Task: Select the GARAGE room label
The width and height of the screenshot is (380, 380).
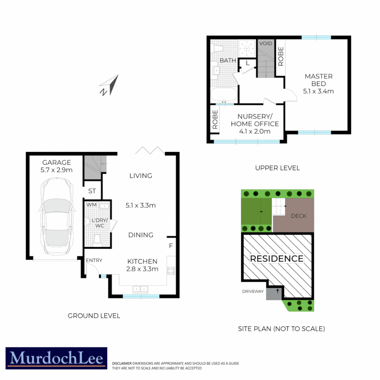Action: pyautogui.click(x=57, y=163)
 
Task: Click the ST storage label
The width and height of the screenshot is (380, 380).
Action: pyautogui.click(x=92, y=191)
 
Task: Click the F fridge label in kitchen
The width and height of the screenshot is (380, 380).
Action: pyautogui.click(x=171, y=245)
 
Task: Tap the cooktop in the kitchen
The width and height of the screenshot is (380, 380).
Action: pyautogui.click(x=171, y=271)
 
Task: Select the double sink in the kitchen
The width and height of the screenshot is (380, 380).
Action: pyautogui.click(x=141, y=289)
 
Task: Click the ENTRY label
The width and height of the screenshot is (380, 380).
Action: pyautogui.click(x=94, y=260)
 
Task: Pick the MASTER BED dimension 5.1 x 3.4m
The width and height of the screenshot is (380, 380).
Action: pyautogui.click(x=318, y=91)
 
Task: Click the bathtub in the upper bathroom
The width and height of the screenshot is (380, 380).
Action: pyautogui.click(x=224, y=95)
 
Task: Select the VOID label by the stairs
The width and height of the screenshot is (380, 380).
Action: pyautogui.click(x=266, y=43)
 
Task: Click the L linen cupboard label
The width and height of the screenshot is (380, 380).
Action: pyautogui.click(x=248, y=63)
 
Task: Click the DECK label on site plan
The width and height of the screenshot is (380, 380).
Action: pyautogui.click(x=298, y=216)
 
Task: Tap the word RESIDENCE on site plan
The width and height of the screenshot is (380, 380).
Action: pyautogui.click(x=277, y=259)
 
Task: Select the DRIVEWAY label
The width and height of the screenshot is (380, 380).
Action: pyautogui.click(x=253, y=291)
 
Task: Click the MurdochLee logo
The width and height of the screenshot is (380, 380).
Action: pyautogui.click(x=56, y=358)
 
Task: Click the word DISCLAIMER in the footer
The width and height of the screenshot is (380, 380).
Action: pyautogui.click(x=122, y=363)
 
